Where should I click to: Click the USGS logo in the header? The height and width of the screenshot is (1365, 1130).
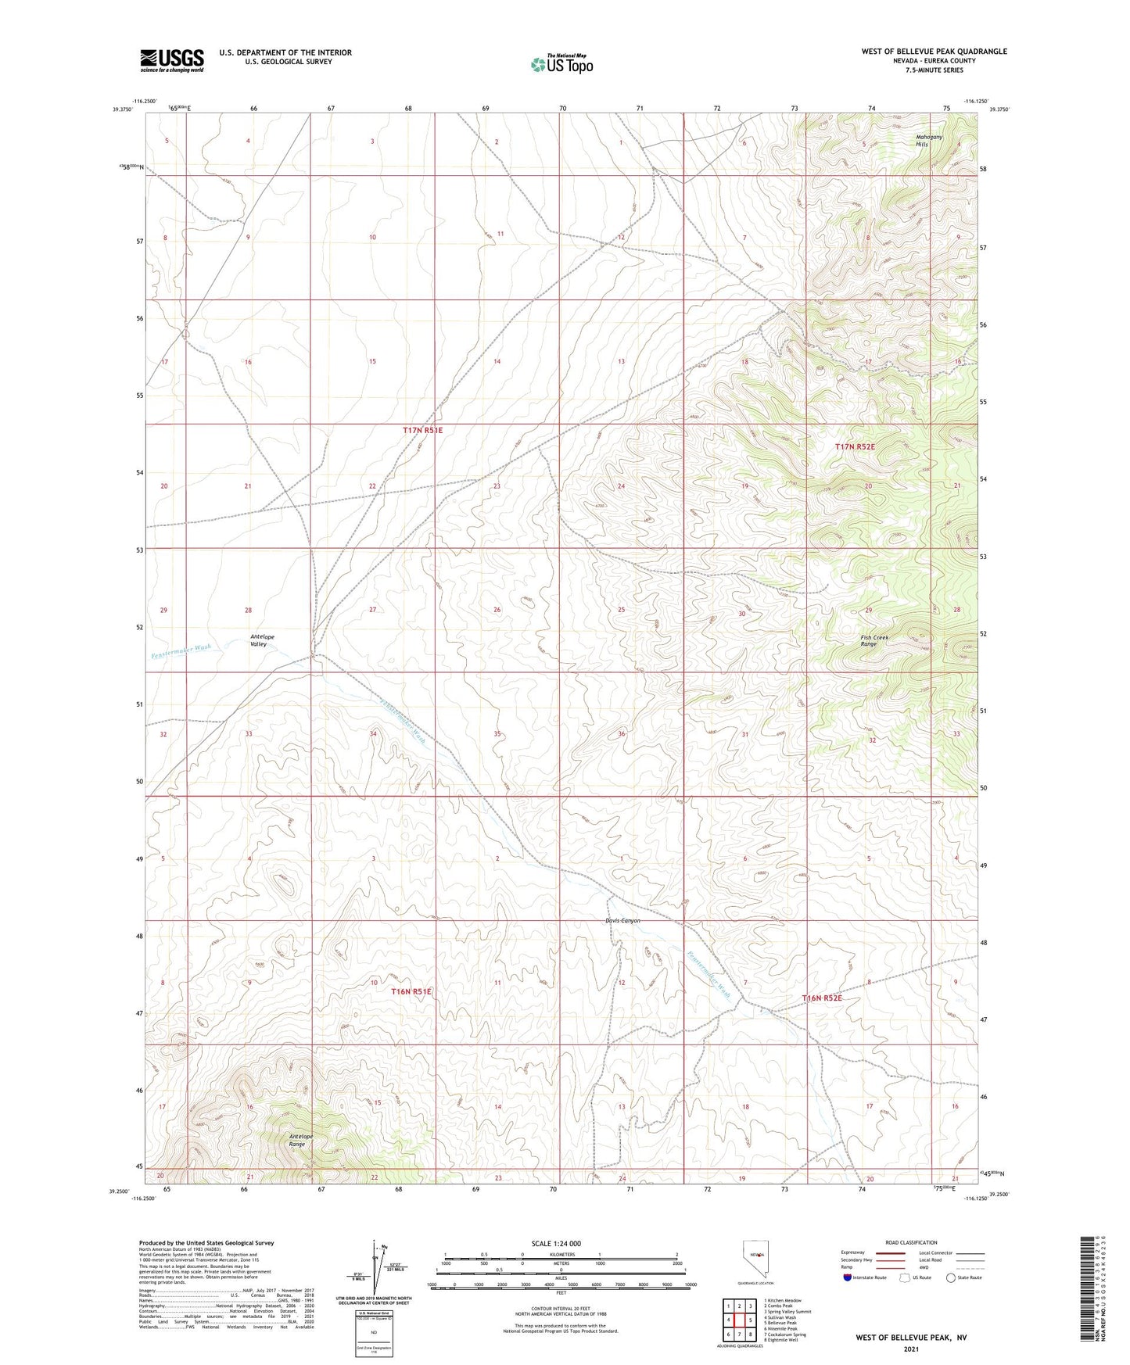pos(172,59)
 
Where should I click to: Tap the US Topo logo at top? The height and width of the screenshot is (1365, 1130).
pos(561,63)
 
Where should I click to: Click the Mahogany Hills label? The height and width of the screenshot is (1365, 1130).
pos(929,141)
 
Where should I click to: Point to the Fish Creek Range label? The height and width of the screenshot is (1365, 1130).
pos(874,640)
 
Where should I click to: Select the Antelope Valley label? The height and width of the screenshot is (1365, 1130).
pos(262,640)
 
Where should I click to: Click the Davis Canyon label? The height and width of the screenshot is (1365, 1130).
pos(622,920)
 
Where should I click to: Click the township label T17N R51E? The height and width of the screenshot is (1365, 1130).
pos(422,431)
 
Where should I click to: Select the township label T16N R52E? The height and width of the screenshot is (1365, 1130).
pos(822,998)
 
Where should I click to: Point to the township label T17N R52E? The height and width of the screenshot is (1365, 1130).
pos(855,446)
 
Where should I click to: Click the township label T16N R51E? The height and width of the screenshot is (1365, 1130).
pos(411,991)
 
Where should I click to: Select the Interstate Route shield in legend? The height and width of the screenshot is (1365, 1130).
pos(848,1277)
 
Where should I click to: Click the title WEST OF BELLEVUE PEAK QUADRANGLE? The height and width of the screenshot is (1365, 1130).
pos(934,52)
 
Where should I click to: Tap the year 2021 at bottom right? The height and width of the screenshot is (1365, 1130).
pos(910,1349)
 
